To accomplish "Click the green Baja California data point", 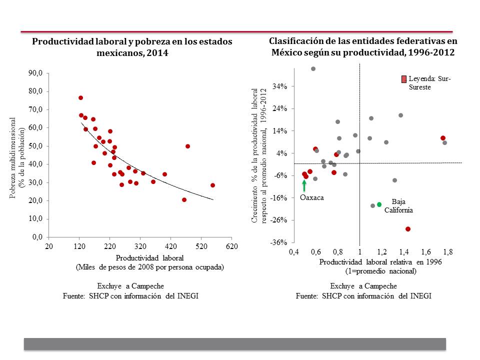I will click(379, 204).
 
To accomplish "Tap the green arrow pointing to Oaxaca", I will click(304, 184).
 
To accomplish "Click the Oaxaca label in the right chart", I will click(312, 197).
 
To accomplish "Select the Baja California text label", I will click(398, 206).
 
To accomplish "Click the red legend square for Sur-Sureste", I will click(403, 79).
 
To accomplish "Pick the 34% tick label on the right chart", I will click(279, 86).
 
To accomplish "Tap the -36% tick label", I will click(279, 242).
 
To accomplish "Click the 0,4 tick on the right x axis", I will click(293, 251).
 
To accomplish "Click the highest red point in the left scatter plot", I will click(80, 98).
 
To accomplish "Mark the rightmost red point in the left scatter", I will click(212, 185).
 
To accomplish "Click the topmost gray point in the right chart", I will click(313, 69).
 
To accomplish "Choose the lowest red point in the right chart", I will click(408, 229).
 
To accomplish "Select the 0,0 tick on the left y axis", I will click(37, 237).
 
